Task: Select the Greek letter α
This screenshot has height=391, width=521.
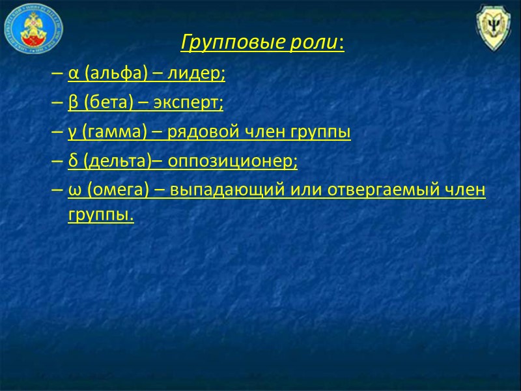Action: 72,75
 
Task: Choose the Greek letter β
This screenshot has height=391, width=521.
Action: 72,104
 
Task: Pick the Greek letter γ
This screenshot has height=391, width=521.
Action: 72,132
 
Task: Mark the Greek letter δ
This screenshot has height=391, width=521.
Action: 72,161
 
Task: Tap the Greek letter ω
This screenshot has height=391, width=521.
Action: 73,190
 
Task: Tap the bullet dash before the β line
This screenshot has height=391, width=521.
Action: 56,104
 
